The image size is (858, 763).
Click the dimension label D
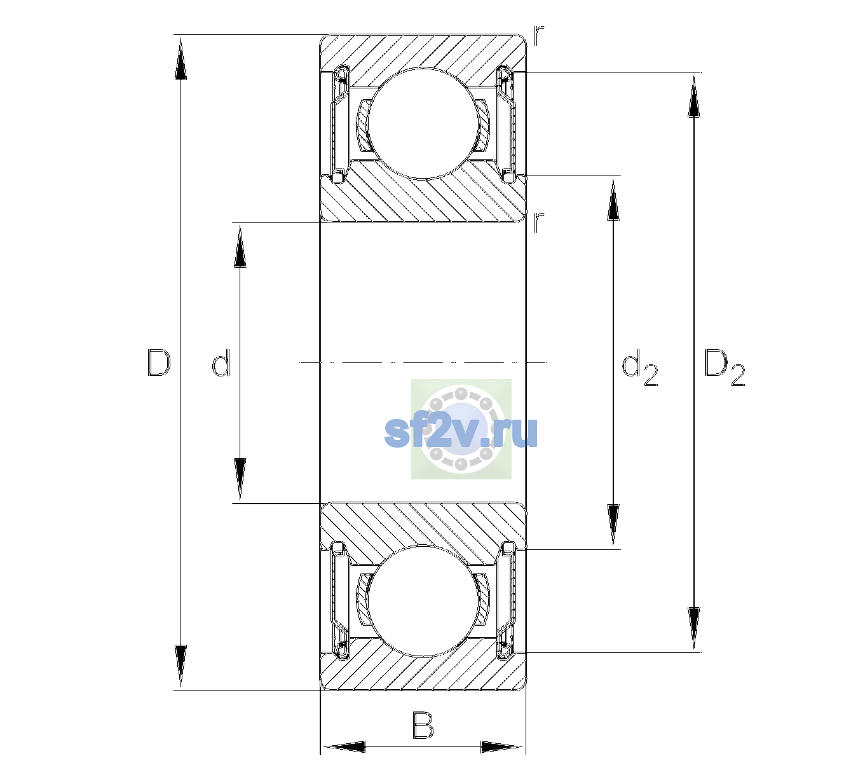click(x=159, y=363)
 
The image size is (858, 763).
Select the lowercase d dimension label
click(x=221, y=363)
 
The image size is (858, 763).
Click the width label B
click(x=423, y=725)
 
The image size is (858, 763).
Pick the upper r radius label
click(x=539, y=36)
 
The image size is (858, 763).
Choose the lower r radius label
click(x=539, y=223)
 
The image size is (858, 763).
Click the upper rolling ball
click(x=422, y=123)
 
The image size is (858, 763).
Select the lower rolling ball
click(x=422, y=601)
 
